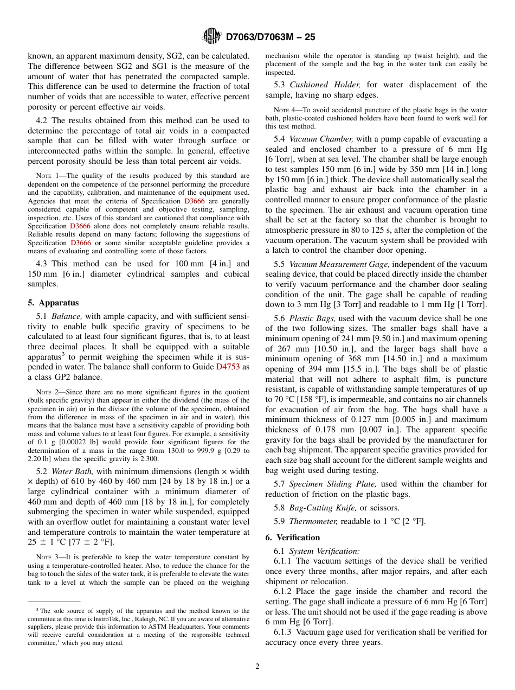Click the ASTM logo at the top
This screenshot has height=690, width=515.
tap(211, 36)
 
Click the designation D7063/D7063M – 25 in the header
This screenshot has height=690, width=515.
tap(270, 37)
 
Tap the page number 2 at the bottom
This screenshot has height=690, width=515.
tap(257, 667)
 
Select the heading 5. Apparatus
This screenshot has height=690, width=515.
tap(53, 303)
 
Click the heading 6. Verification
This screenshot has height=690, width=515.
tap(293, 538)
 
